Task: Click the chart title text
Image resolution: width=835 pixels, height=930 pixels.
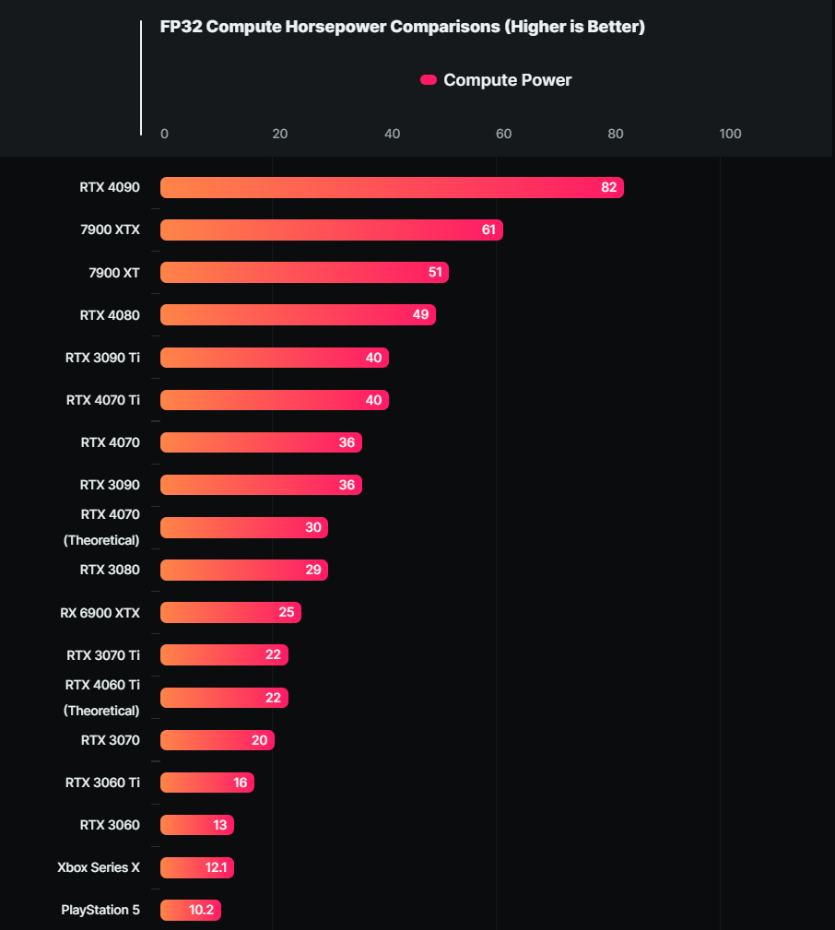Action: [402, 27]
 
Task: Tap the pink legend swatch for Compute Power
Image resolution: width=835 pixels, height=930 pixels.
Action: [429, 80]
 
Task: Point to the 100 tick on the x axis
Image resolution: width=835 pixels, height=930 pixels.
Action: [730, 134]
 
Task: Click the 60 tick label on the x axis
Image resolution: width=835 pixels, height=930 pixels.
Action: [503, 134]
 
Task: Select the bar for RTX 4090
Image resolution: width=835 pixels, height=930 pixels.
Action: [392, 188]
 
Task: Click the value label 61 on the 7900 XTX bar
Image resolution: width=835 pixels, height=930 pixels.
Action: [488, 230]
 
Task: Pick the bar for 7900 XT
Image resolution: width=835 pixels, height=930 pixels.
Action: [304, 273]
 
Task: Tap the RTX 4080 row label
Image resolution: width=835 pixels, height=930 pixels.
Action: [110, 315]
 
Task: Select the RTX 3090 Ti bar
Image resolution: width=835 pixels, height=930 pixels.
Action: [274, 358]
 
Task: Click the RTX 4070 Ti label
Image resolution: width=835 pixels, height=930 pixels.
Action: [103, 400]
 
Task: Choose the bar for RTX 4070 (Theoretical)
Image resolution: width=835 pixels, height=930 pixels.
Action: [243, 527]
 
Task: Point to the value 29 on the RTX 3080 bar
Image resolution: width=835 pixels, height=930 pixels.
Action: [313, 570]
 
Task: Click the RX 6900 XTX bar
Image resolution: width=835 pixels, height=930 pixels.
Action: [230, 613]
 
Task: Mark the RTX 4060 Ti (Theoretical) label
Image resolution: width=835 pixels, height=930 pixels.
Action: [102, 698]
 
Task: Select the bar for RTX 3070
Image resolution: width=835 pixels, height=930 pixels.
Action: [217, 740]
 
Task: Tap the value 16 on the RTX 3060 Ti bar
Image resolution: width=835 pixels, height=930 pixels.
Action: [241, 783]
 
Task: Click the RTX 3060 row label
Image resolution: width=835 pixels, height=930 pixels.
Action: [110, 825]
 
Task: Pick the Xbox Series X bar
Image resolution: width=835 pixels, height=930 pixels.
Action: [196, 867]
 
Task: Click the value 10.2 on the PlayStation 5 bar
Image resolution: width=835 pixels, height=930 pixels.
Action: [201, 910]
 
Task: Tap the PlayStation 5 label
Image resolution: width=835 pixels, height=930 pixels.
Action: [100, 910]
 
